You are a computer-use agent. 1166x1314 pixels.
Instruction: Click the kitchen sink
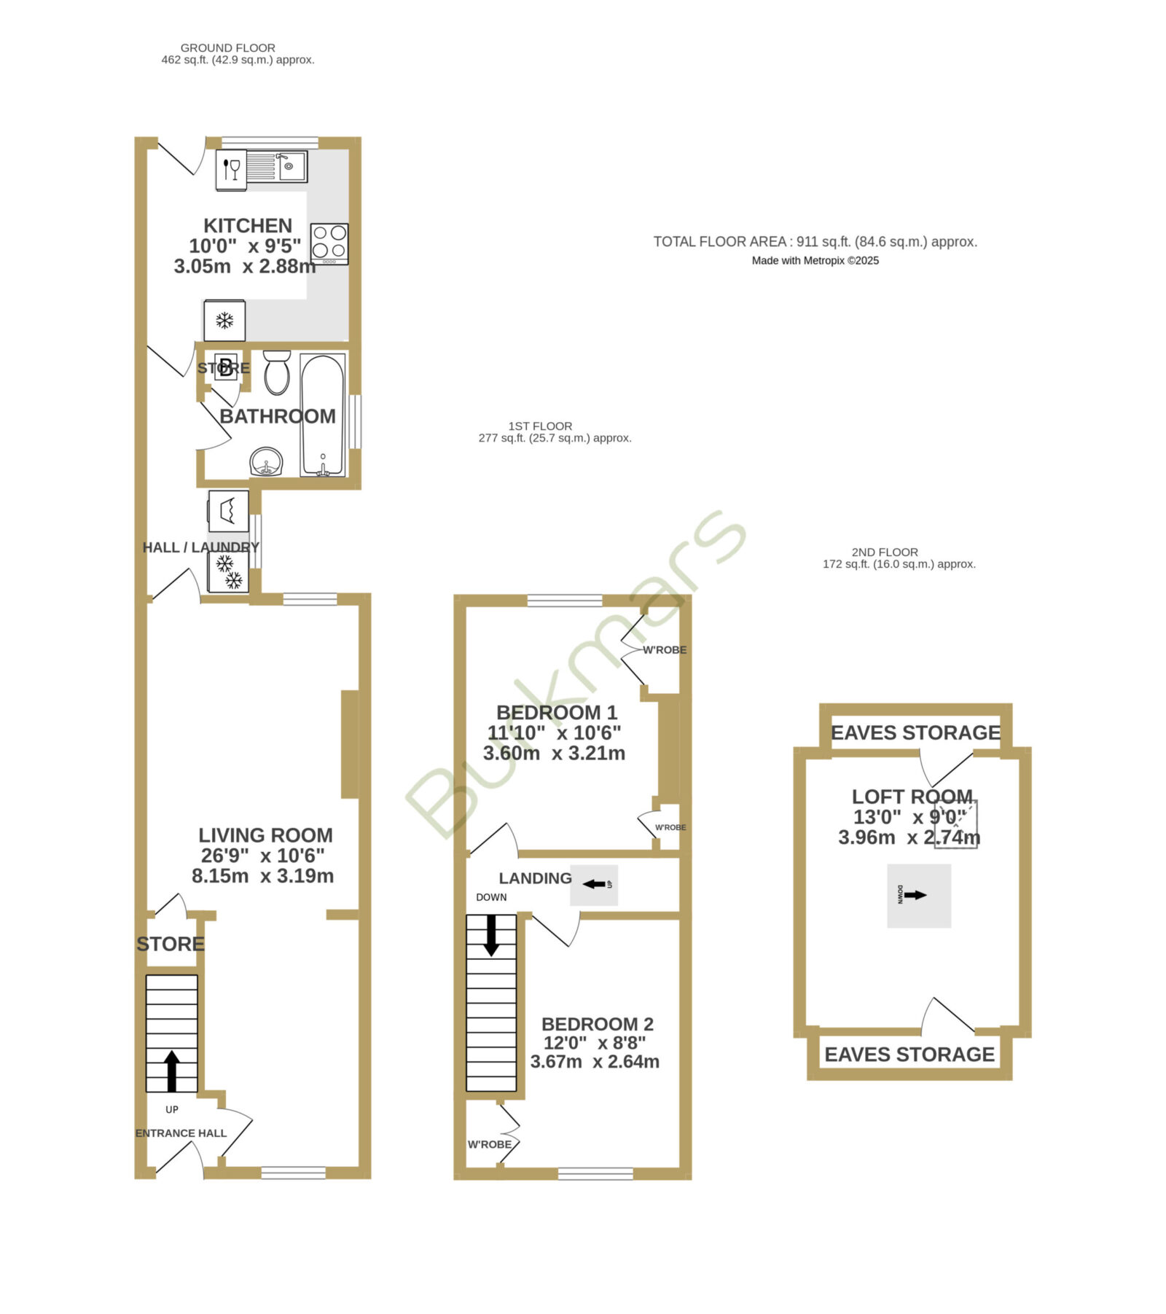click(x=278, y=166)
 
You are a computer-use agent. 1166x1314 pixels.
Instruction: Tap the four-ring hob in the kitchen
click(x=329, y=243)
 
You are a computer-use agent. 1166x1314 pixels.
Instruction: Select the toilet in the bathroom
click(x=277, y=373)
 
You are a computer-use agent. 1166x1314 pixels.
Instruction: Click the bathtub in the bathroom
click(x=323, y=415)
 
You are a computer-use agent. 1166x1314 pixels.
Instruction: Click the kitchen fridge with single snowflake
click(x=224, y=321)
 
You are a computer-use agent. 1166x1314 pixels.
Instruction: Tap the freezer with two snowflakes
click(x=229, y=572)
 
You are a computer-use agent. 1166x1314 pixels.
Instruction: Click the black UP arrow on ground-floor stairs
click(x=172, y=1071)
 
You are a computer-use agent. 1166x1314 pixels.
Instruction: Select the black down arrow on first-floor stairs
click(x=491, y=935)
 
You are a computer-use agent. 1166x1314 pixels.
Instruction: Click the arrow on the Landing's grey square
click(x=595, y=884)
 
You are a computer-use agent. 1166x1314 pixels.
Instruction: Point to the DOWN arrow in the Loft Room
click(x=915, y=895)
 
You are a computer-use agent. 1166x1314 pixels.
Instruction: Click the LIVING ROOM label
click(x=265, y=835)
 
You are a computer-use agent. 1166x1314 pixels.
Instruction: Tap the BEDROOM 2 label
click(x=598, y=1024)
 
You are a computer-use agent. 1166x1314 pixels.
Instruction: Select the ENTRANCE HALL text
click(x=181, y=1133)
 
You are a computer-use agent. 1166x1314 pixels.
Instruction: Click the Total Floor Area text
click(x=815, y=242)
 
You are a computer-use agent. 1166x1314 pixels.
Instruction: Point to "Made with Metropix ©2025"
click(x=815, y=261)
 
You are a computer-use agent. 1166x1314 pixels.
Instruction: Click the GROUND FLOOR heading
click(x=228, y=48)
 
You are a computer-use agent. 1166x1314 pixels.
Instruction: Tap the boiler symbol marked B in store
click(x=226, y=367)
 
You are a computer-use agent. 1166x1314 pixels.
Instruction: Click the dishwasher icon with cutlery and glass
click(x=232, y=170)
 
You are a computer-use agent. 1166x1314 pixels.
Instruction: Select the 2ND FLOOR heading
click(x=885, y=552)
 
